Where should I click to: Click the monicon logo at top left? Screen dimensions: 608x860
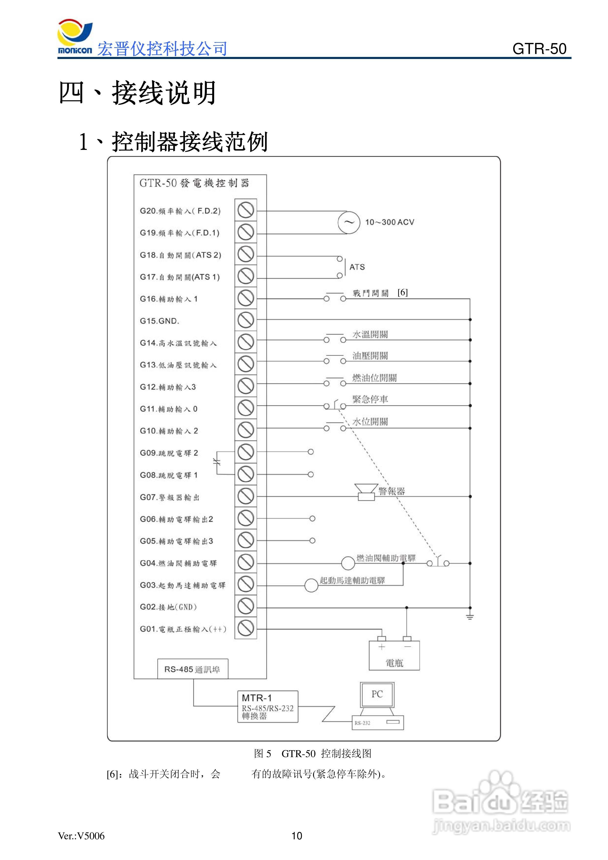click(x=75, y=38)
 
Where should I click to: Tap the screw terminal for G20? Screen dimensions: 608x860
click(x=246, y=210)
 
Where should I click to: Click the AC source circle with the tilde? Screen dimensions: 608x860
click(x=349, y=222)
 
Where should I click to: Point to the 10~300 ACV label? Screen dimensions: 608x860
click(x=390, y=222)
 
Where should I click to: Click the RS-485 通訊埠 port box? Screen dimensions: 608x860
click(x=193, y=669)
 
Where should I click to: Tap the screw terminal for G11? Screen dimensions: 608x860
click(x=246, y=408)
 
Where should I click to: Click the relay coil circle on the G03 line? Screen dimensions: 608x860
click(x=311, y=585)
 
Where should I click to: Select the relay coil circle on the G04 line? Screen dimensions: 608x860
click(x=348, y=563)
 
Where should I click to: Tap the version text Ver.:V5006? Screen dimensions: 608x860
click(x=81, y=836)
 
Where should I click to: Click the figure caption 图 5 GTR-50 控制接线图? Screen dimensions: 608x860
click(x=313, y=753)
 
